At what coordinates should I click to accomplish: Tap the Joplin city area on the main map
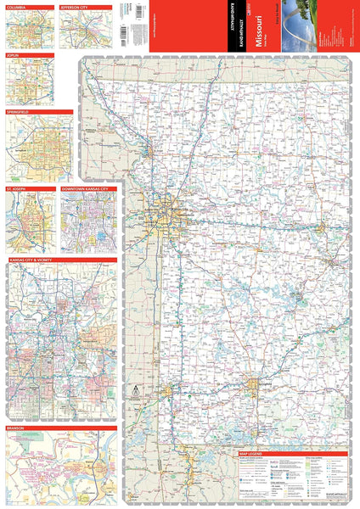click(x=169, y=393)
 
